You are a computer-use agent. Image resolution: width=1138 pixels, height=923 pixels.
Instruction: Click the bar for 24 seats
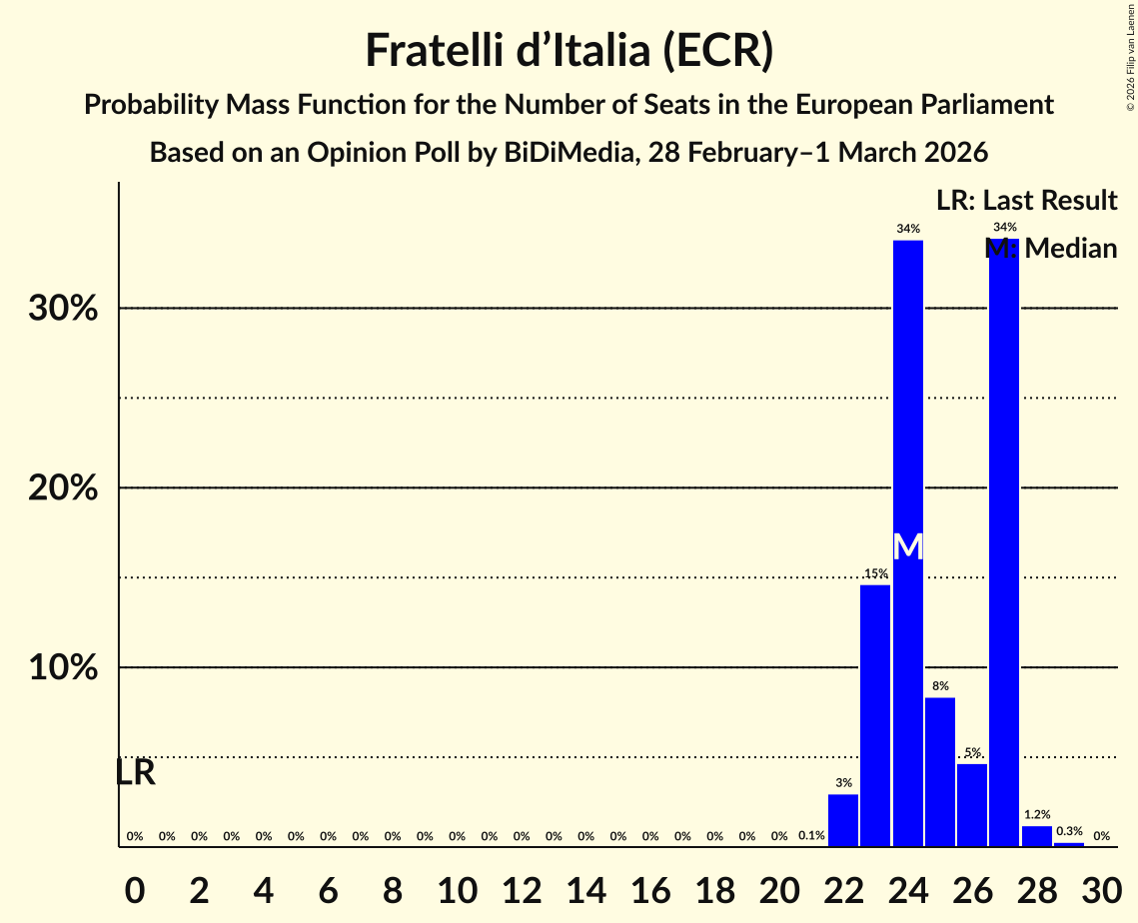click(907, 543)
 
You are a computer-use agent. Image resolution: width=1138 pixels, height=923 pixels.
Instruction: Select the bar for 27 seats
click(1004, 543)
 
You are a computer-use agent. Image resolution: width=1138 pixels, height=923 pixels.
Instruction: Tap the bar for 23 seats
click(875, 715)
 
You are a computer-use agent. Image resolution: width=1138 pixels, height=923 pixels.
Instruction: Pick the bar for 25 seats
click(940, 772)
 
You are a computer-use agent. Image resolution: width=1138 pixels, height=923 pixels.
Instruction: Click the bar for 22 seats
click(843, 820)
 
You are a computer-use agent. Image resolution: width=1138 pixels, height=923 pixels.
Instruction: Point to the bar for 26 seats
click(972, 805)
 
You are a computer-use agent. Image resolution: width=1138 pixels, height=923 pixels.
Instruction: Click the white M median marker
click(907, 546)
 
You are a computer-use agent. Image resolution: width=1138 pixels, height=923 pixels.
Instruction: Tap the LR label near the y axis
click(135, 772)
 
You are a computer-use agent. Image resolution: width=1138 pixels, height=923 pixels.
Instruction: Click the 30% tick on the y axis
click(63, 309)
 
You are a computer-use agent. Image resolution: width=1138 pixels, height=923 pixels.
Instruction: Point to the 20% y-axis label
click(63, 488)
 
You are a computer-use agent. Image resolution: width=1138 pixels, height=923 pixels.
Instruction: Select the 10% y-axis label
click(63, 667)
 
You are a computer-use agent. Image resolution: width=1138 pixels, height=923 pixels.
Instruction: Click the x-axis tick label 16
click(649, 886)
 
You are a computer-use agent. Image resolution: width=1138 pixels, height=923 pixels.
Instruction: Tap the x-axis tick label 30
click(1101, 886)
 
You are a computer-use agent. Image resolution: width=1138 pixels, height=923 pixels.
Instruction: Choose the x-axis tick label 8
click(392, 886)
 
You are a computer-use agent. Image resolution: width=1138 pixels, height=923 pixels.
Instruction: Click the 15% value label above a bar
click(876, 573)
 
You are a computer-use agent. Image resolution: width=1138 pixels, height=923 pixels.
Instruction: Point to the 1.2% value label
click(1037, 815)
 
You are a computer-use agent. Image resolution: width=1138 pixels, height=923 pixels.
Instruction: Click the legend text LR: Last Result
click(1026, 201)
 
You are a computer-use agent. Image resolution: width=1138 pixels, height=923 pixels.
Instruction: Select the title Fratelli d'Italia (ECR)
click(569, 51)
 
